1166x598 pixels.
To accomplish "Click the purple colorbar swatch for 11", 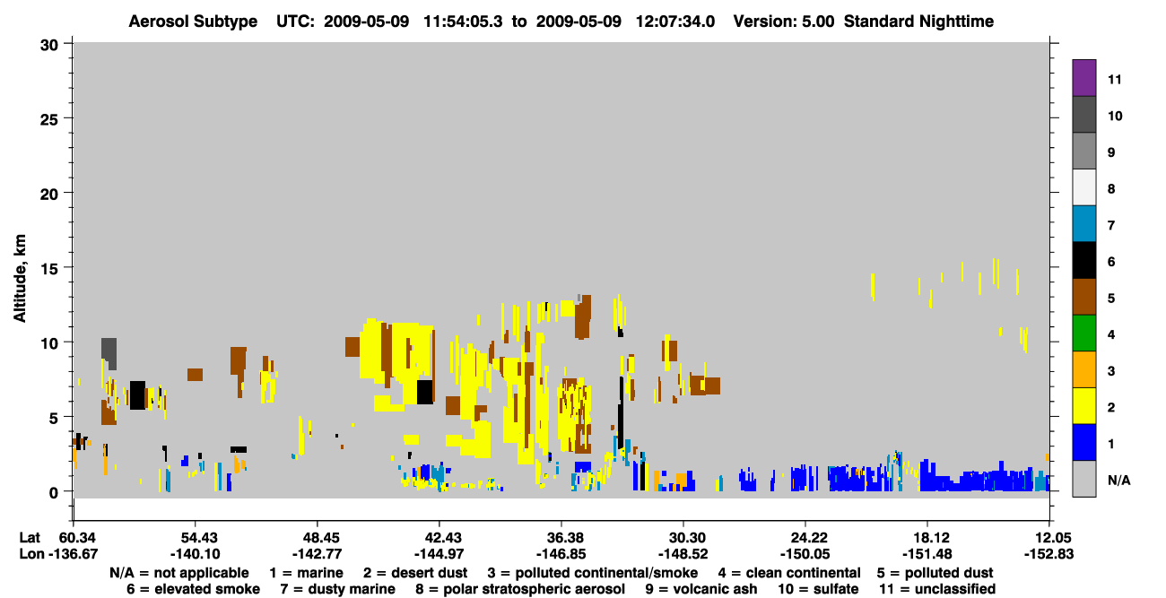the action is [x=1083, y=77].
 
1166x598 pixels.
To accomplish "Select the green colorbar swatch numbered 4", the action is [x=1083, y=334].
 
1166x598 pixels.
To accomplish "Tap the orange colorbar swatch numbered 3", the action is [x=1083, y=369].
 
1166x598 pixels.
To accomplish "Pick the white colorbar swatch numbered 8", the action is [x=1083, y=186].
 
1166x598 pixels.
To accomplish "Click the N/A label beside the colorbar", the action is [x=1118, y=480].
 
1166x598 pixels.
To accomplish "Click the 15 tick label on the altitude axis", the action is [x=49, y=269].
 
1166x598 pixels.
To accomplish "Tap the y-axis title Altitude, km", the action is [x=19, y=279].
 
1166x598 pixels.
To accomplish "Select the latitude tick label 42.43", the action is [x=439, y=538].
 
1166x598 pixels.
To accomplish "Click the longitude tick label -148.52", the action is [x=683, y=554].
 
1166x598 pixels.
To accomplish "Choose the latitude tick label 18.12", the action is [x=927, y=538].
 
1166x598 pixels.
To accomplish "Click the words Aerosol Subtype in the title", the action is [x=193, y=22].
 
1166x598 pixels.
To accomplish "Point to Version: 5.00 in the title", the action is [x=784, y=22].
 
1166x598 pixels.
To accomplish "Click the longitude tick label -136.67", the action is [x=73, y=554].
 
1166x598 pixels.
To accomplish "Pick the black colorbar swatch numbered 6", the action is [x=1083, y=260].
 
